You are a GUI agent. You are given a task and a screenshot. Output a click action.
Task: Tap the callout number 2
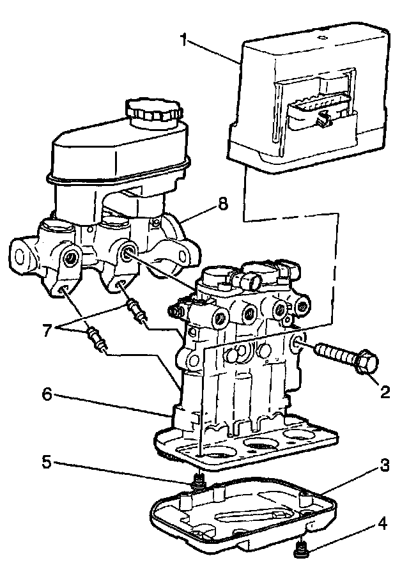coord(384,391)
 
